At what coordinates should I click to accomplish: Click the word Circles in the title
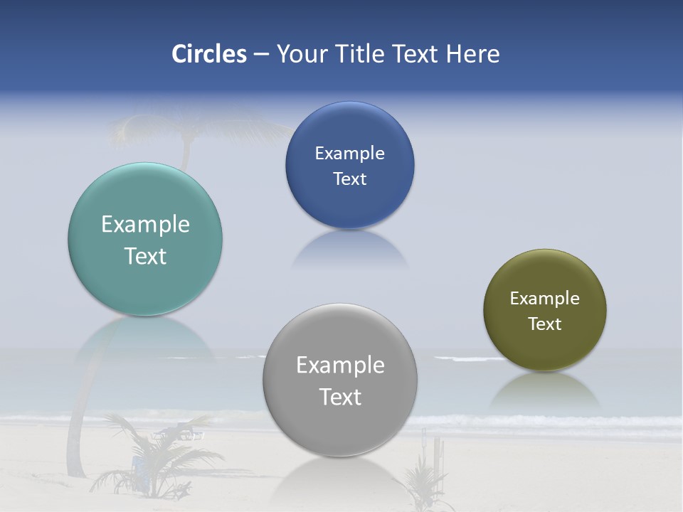(209, 54)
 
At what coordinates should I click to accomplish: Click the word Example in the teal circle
(145, 225)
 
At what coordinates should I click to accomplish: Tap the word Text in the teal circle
(145, 256)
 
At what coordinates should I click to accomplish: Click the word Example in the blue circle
(349, 154)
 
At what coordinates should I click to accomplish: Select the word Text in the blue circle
(349, 179)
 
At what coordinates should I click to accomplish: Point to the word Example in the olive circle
(545, 299)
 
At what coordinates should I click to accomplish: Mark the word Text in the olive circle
(545, 324)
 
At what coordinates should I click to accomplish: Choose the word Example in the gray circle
(340, 366)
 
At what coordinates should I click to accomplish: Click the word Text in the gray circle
(340, 397)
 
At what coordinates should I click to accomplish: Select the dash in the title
(261, 54)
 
